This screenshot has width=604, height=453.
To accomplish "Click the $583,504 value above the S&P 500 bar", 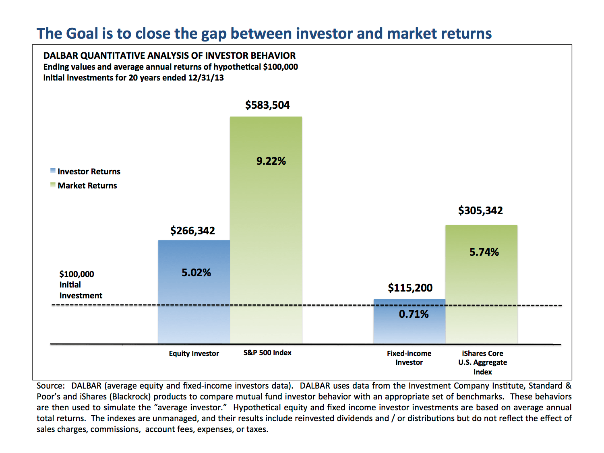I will pyautogui.click(x=267, y=105).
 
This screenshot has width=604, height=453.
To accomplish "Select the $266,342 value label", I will pyautogui.click(x=192, y=231).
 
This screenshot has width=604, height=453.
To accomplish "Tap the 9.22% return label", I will pyautogui.click(x=271, y=161).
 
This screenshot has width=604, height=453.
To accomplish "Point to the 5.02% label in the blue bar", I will pyautogui.click(x=196, y=273).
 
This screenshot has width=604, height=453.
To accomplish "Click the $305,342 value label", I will pyautogui.click(x=480, y=211).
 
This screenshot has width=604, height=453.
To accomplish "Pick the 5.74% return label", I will pyautogui.click(x=484, y=252).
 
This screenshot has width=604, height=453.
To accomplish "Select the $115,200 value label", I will pyautogui.click(x=410, y=288).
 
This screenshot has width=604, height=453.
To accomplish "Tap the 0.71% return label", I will pyautogui.click(x=414, y=314).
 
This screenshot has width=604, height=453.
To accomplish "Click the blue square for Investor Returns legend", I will pyautogui.click(x=53, y=171).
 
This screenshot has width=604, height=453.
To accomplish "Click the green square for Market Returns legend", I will pyautogui.click(x=53, y=185).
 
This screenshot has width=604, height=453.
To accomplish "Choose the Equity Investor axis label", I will pyautogui.click(x=194, y=354).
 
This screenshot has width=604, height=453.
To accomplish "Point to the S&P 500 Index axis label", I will pyautogui.click(x=267, y=353).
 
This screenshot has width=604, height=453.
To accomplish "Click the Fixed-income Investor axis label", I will pyautogui.click(x=409, y=358).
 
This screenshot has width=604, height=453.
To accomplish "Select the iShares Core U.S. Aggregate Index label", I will pyautogui.click(x=482, y=362).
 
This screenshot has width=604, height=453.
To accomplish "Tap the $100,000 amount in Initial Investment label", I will pyautogui.click(x=77, y=274).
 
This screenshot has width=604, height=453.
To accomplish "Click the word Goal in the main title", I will pyautogui.click(x=82, y=33).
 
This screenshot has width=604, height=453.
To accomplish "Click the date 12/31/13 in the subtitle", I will pyautogui.click(x=206, y=78).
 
